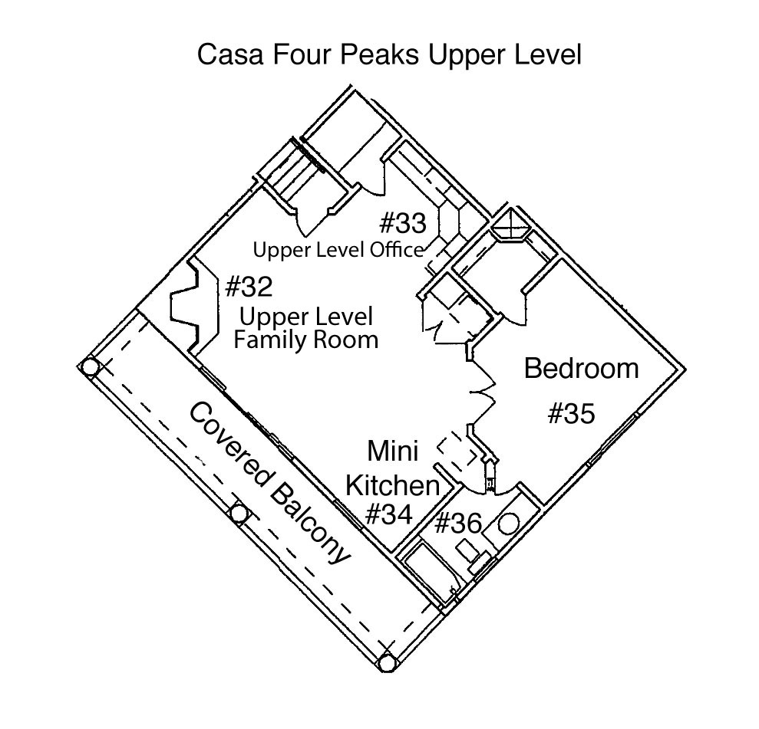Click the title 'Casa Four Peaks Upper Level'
[389, 55]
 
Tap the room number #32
[249, 287]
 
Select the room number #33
[402, 223]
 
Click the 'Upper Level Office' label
[338, 250]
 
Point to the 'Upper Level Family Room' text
[305, 328]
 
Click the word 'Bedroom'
[581, 369]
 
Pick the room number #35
[571, 414]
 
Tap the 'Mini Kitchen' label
[392, 468]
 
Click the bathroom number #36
[457, 524]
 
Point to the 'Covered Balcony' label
[269, 484]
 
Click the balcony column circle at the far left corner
[91, 367]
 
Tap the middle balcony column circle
[239, 514]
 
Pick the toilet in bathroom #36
[470, 553]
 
